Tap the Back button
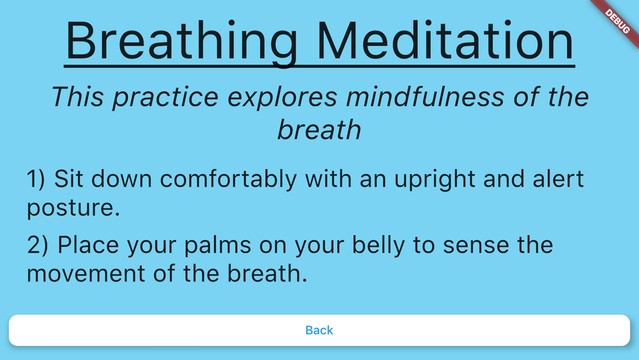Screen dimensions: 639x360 point(319,330)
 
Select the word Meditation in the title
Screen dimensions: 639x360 point(445,41)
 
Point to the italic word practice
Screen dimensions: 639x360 point(166,98)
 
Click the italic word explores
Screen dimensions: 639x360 point(282,98)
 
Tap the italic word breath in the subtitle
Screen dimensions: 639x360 point(319,130)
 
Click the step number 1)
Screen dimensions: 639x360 point(36,179)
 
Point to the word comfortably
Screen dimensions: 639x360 point(228,180)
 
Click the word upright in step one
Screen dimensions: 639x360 point(435,180)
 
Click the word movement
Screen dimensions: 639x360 point(86,274)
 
